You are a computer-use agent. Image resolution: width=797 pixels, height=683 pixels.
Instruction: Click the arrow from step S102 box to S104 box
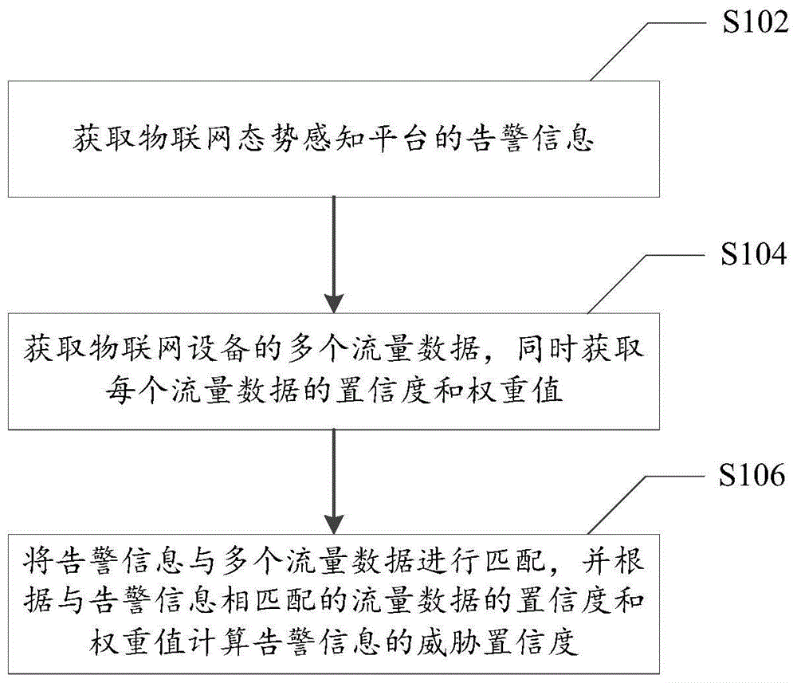[x=332, y=255]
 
